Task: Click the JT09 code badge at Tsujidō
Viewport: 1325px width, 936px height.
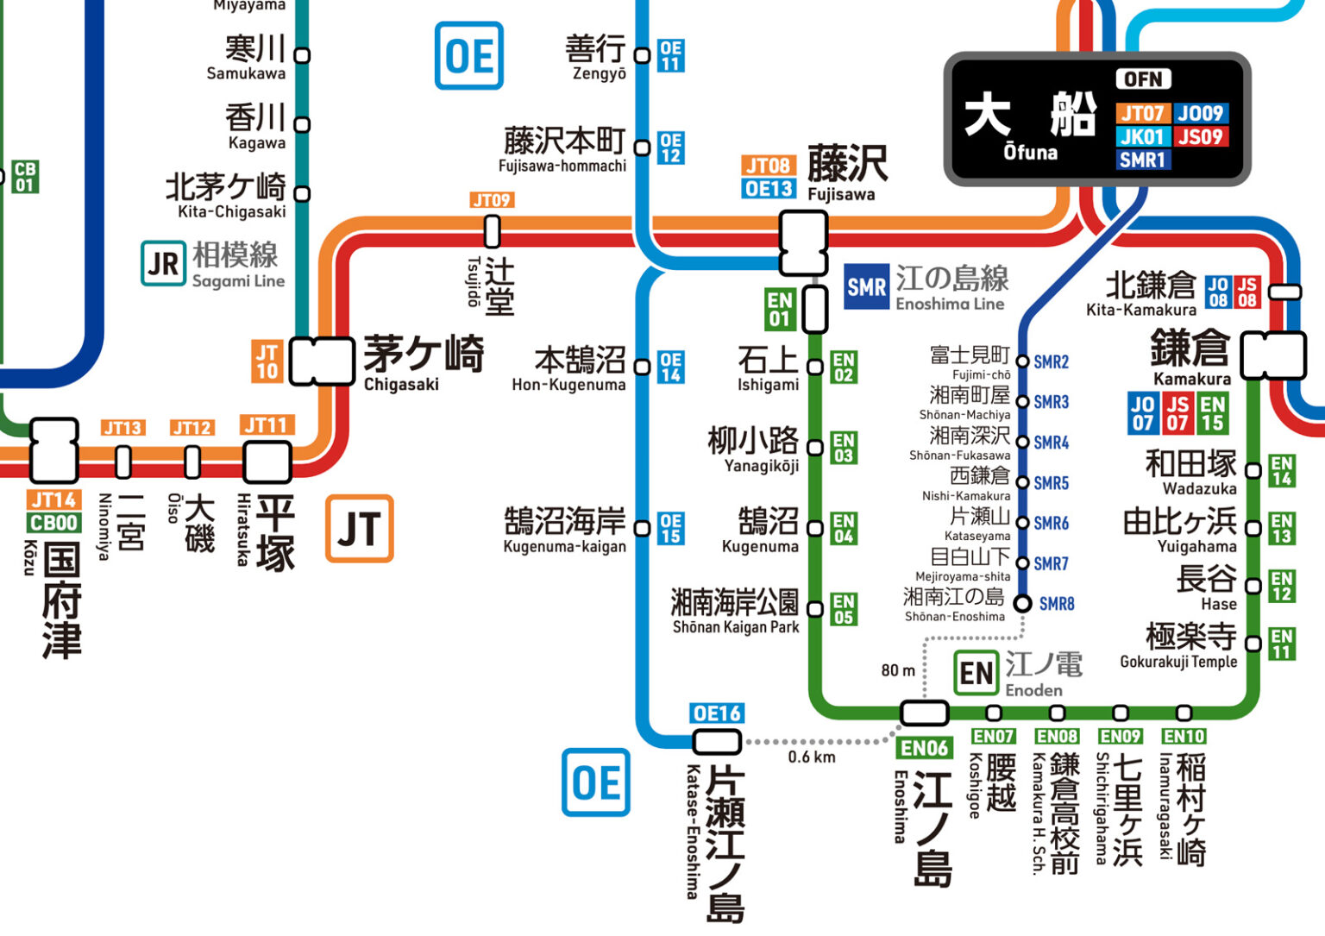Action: coord(492,200)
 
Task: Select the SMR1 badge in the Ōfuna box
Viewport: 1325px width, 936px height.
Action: coord(1142,160)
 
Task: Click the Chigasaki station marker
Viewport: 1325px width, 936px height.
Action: coord(321,361)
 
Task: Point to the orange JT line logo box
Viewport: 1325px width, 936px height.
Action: coord(359,528)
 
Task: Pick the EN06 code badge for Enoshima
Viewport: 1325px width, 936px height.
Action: coord(924,748)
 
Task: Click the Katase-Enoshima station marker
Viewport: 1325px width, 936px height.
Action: coord(717,741)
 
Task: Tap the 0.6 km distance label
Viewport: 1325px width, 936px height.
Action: coord(811,757)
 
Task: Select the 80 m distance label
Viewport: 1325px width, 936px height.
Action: coord(898,670)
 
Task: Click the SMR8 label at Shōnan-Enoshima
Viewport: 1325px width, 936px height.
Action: coord(1056,604)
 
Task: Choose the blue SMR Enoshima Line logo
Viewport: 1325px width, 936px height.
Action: coord(865,287)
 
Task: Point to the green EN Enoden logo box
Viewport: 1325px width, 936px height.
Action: coord(976,674)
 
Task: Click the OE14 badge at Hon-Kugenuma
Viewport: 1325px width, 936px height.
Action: coord(670,367)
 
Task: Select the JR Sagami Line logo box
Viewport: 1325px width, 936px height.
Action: coord(163,263)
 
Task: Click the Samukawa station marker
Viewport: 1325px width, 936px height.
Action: coord(302,55)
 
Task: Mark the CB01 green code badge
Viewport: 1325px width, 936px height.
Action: coord(25,177)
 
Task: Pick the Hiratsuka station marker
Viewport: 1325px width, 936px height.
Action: coord(267,462)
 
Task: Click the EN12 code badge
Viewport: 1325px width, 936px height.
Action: coord(1282,587)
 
